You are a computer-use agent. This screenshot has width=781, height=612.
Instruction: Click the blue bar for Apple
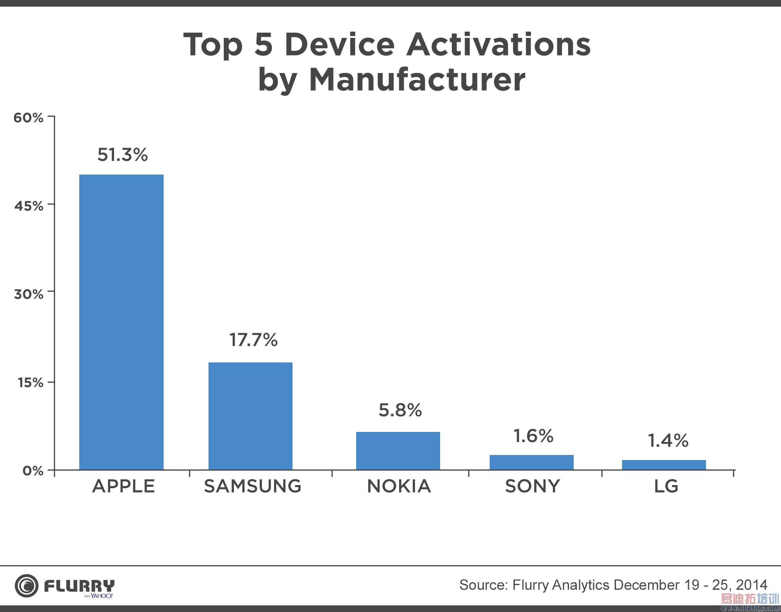[x=121, y=322]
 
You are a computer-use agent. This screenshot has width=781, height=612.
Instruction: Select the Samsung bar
[x=250, y=416]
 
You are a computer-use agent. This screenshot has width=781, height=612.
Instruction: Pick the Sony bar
[x=531, y=462]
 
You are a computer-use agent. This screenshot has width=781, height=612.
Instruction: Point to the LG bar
[x=664, y=465]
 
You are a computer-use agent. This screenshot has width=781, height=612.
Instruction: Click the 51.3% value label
[x=122, y=155]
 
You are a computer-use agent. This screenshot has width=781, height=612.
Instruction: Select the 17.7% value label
[x=253, y=340]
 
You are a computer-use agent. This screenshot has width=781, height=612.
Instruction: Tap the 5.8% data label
[x=400, y=410]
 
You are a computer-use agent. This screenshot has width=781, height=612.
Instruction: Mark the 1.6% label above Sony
[x=533, y=436]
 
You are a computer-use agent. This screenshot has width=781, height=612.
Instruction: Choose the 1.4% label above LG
[x=668, y=441]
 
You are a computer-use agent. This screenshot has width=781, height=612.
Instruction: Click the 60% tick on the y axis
[x=29, y=118]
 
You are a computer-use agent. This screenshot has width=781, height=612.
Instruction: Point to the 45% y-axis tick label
[x=29, y=206]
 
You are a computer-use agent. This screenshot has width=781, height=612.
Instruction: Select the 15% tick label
[x=30, y=382]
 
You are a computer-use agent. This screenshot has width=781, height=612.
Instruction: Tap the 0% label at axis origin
[x=33, y=471]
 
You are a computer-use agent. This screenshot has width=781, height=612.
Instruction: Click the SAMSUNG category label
[x=253, y=486]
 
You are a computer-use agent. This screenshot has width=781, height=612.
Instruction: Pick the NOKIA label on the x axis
[x=399, y=486]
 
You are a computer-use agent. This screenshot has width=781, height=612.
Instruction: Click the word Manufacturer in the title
[x=417, y=80]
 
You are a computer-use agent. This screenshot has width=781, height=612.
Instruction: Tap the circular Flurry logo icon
[x=27, y=586]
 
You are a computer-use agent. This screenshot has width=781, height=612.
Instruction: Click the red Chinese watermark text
[x=749, y=599]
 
